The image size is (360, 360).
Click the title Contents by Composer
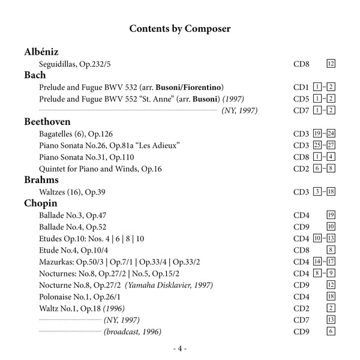(180, 28)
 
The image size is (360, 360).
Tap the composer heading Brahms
(41, 179)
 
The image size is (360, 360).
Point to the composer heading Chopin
(41, 203)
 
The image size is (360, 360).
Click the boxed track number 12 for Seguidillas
(331, 63)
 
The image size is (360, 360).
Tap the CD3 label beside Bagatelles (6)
(301, 133)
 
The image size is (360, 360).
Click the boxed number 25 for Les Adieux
(317, 145)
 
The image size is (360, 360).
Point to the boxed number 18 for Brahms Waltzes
(331, 191)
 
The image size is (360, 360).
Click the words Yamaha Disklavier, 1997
(170, 284)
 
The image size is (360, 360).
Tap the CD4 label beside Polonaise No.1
(301, 296)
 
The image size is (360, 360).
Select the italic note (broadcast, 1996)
(133, 331)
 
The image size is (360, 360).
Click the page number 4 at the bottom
(180, 349)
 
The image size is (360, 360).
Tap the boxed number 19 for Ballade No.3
(331, 215)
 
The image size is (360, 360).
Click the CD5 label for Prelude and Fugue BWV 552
(301, 98)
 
